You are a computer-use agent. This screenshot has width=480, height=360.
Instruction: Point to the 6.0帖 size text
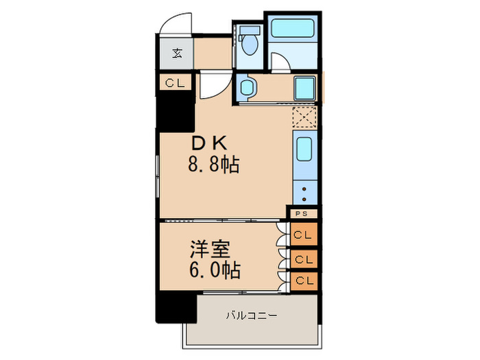[214, 270]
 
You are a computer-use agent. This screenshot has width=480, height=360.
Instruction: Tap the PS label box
[302, 214]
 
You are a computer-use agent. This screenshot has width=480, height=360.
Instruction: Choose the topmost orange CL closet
[302, 235]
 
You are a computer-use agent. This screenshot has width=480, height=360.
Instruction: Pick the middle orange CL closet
[302, 260]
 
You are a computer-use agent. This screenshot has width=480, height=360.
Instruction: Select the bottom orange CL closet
[302, 280]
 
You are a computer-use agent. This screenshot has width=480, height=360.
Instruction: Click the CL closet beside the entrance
[173, 83]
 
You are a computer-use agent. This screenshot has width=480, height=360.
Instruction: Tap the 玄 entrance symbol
[176, 53]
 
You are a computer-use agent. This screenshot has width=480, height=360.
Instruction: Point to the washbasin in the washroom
[248, 88]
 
